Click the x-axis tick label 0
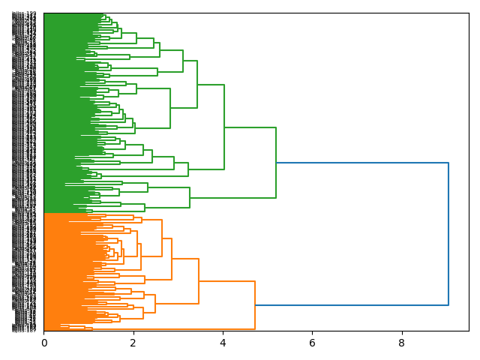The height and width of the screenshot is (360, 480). (x=43, y=343)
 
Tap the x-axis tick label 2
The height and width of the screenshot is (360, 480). (x=133, y=343)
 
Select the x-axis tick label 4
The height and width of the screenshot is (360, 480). (x=223, y=343)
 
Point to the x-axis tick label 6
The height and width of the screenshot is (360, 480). (x=312, y=343)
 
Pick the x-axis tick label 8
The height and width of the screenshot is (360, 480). (x=401, y=343)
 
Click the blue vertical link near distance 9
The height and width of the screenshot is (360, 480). (x=448, y=234)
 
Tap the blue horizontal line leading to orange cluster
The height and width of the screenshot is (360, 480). (x=352, y=305)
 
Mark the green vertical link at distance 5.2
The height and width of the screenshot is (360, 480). (x=276, y=163)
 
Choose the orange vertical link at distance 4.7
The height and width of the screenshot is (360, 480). (x=255, y=305)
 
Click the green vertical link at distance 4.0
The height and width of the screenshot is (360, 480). (x=224, y=127)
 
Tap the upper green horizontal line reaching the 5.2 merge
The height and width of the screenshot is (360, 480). (x=250, y=127)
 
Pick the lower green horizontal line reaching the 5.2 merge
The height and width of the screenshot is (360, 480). (x=232, y=198)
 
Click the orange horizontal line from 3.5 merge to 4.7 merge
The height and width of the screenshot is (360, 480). (x=226, y=281)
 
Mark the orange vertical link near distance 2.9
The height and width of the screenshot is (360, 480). (x=172, y=259)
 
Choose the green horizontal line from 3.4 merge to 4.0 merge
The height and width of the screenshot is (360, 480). (x=211, y=85)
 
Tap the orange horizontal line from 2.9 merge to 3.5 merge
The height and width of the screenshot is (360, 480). (x=185, y=259)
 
